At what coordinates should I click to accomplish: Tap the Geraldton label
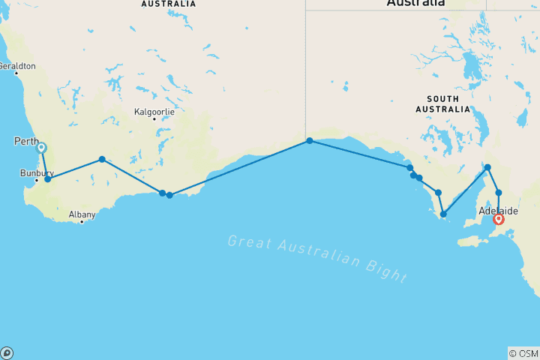(17, 66)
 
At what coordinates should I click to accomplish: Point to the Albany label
(82, 214)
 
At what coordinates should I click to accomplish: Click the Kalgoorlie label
(154, 112)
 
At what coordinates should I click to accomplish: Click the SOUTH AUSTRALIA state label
(448, 103)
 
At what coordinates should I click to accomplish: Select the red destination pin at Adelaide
(498, 219)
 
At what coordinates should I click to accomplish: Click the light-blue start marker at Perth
(41, 148)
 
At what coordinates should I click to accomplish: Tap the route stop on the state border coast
(309, 140)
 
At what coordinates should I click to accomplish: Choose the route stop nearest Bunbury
(47, 179)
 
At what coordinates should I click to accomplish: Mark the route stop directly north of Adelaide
(499, 193)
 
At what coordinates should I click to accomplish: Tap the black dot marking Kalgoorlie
(154, 119)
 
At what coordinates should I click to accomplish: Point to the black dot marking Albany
(82, 222)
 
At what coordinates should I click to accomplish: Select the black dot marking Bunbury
(36, 180)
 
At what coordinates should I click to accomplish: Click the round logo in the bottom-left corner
(7, 352)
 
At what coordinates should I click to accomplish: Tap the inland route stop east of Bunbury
(102, 159)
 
